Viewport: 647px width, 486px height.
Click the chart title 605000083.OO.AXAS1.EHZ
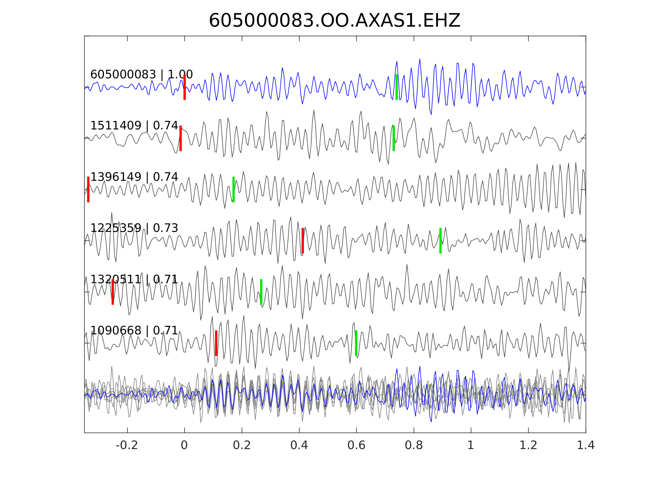click(334, 21)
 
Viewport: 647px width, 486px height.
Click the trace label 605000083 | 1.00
click(141, 75)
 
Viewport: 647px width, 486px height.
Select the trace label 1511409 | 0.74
click(134, 126)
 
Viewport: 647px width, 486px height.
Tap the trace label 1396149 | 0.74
click(134, 177)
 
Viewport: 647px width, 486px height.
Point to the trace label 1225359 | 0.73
click(134, 228)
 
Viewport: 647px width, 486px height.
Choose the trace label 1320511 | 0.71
click(134, 279)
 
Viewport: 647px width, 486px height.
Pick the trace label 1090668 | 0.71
click(134, 330)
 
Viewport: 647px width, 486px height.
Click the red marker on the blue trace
click(185, 87)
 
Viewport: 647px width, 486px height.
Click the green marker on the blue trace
click(397, 87)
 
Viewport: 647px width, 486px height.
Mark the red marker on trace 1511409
click(181, 138)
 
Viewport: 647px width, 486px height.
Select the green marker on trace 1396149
click(234, 189)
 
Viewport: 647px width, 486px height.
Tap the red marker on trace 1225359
click(303, 241)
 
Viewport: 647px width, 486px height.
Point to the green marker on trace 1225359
click(440, 241)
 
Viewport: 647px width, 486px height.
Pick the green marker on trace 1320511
click(261, 292)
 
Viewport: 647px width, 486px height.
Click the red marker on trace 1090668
click(216, 343)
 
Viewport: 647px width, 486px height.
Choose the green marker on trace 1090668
click(356, 343)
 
